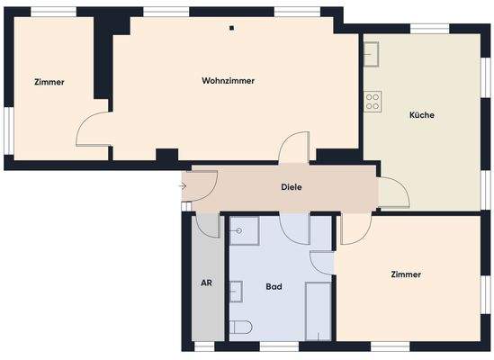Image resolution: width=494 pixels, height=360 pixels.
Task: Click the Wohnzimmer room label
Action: pyautogui.click(x=228, y=81)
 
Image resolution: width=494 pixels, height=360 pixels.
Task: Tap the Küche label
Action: pyautogui.click(x=422, y=115)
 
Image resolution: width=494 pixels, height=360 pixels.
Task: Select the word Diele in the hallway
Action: pyautogui.click(x=290, y=187)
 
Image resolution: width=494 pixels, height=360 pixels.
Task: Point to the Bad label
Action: pyautogui.click(x=274, y=286)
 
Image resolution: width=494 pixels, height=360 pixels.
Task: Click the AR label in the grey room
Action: pyautogui.click(x=206, y=283)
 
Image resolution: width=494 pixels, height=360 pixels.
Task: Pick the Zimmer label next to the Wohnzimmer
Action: pyautogui.click(x=49, y=82)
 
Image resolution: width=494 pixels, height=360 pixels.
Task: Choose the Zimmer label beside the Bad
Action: pyautogui.click(x=406, y=274)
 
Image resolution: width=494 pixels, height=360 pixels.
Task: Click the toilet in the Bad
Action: pyautogui.click(x=240, y=328)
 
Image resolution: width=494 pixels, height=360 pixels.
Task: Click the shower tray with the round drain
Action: pyautogui.click(x=244, y=232)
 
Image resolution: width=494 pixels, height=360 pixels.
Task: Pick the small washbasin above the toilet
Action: pyautogui.click(x=237, y=292)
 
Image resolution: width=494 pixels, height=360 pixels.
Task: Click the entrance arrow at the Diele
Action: pyautogui.click(x=183, y=186)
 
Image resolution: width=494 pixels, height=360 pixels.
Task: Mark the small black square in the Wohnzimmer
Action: pyautogui.click(x=231, y=28)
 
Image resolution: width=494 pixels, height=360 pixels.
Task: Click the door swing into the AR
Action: pyautogui.click(x=208, y=226)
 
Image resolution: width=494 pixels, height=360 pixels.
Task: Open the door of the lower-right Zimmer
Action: pyautogui.click(x=354, y=229)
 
